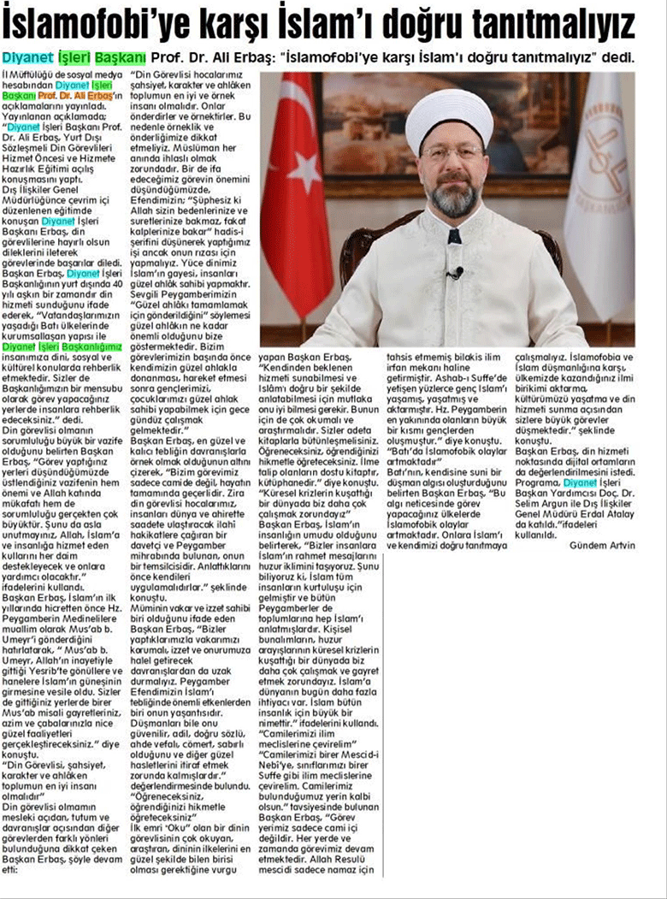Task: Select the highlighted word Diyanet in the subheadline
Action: point(31,58)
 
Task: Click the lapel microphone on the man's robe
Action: point(455,273)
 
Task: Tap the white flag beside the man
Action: point(599,197)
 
